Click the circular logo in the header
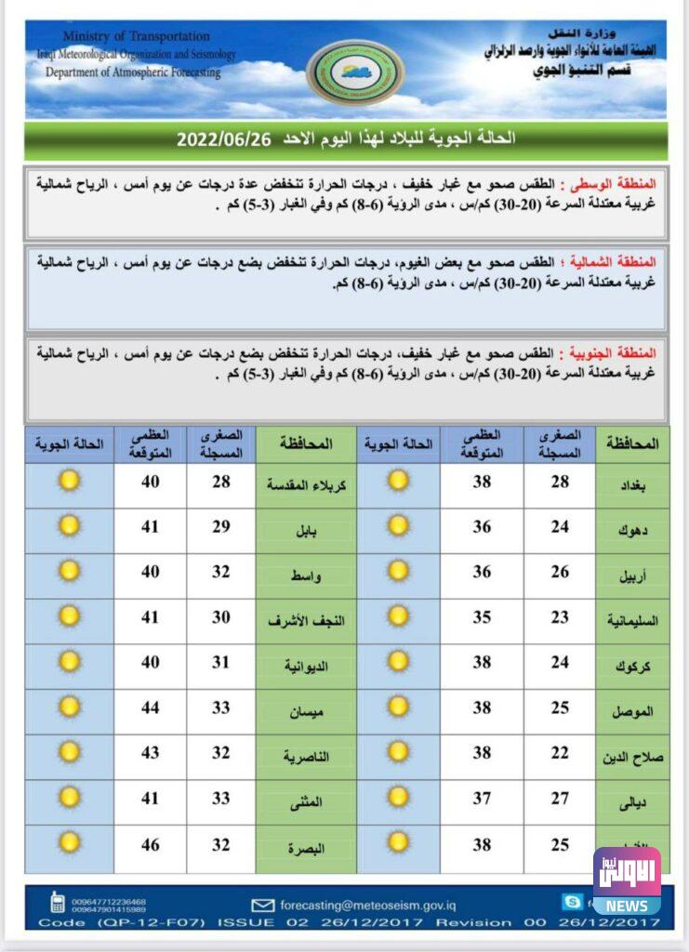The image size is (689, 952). pos(355,72)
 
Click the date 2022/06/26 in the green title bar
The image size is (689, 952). pos(223,139)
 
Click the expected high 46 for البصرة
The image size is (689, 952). pos(151,845)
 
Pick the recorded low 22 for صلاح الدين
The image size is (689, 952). pos(560,753)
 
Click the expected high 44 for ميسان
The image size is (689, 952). pos(151,708)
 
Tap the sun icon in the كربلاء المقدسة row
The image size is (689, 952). pos(70,481)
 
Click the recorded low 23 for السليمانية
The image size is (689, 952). pos(560,616)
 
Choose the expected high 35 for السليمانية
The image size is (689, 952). pos(482,616)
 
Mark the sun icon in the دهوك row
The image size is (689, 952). pos(399,526)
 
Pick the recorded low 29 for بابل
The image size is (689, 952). pos(220,526)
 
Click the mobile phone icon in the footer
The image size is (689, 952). pos(57,903)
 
